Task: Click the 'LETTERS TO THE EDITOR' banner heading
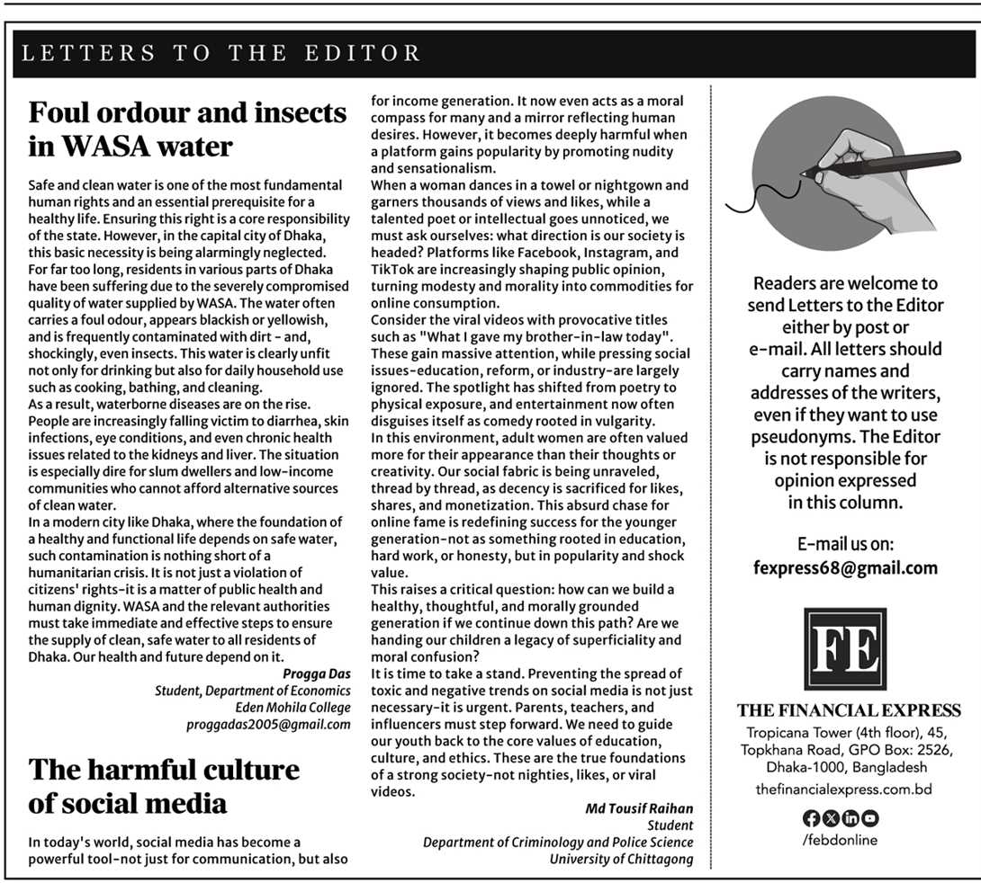[x=221, y=53]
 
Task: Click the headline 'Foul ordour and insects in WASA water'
[x=187, y=129]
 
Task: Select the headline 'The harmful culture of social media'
[x=164, y=785]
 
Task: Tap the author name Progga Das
[x=316, y=673]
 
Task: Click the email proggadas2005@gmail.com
[x=268, y=724]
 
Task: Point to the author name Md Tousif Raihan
[x=639, y=808]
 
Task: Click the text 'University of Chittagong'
[x=621, y=859]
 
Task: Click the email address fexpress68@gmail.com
[x=845, y=568]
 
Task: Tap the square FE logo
[x=844, y=648]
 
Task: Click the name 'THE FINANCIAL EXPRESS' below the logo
[x=848, y=710]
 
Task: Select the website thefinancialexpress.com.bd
[x=843, y=789]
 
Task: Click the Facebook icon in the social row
[x=809, y=818]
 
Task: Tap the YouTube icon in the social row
[x=871, y=818]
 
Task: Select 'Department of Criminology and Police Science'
[x=558, y=843]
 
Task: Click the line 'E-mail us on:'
[x=845, y=545]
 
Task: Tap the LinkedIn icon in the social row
[x=850, y=818]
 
